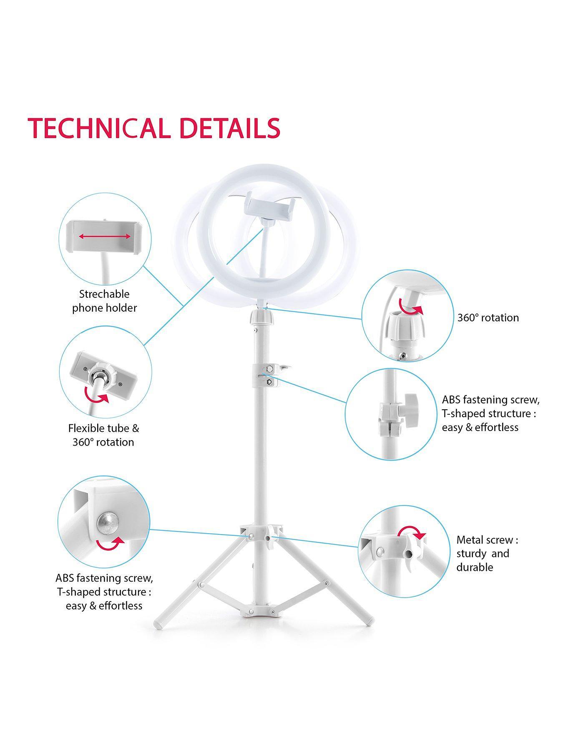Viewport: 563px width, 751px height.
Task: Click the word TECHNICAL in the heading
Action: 99,128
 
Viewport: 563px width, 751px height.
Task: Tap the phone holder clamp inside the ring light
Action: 269,207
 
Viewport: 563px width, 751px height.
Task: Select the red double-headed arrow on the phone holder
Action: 105,237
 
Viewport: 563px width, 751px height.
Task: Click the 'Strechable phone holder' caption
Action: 105,301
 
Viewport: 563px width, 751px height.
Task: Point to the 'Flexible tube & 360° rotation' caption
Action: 103,435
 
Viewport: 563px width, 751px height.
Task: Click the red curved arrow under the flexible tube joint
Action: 96,395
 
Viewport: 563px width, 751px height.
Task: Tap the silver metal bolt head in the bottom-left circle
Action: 108,524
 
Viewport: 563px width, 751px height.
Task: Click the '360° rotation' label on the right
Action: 488,318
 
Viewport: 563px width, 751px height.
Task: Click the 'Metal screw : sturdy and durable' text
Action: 487,553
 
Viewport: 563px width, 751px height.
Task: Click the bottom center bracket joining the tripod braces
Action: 262,612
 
